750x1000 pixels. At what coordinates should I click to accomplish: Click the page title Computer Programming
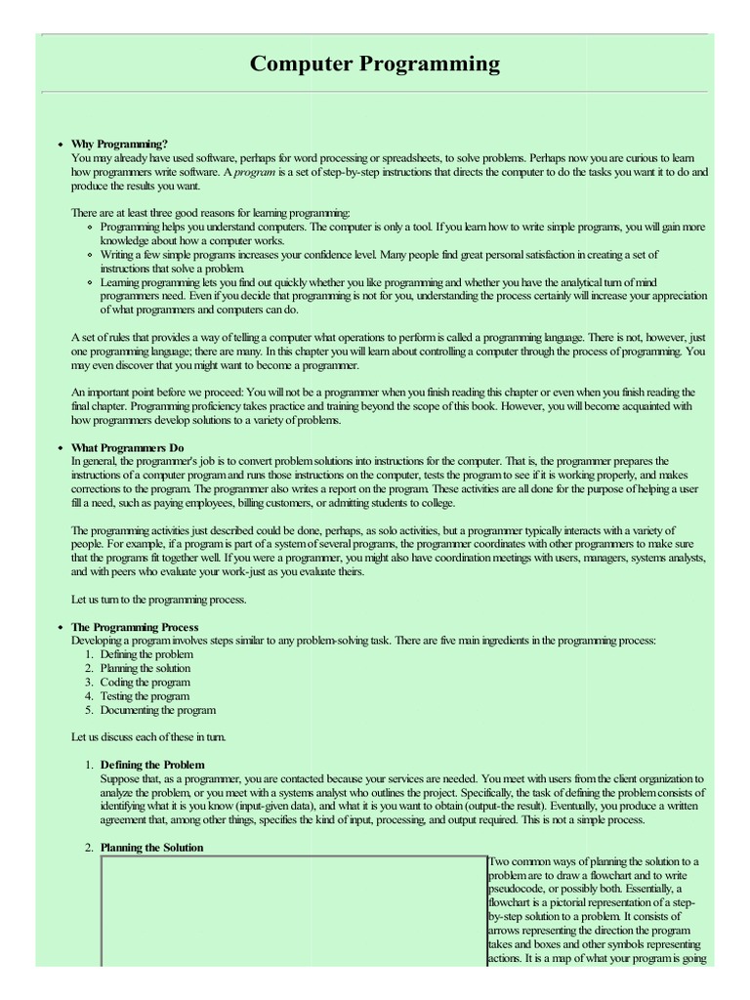[375, 64]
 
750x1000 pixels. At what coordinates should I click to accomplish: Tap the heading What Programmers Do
[127, 447]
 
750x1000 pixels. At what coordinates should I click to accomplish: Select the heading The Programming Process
[135, 627]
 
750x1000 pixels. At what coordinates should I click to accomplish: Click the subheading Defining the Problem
[152, 765]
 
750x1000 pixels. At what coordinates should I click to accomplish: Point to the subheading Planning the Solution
[151, 848]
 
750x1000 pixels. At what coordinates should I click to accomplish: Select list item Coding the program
[145, 683]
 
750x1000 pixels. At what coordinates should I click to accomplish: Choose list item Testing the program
[145, 696]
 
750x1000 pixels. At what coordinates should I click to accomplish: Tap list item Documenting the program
[157, 710]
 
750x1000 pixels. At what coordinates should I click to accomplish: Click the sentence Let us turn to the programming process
[158, 600]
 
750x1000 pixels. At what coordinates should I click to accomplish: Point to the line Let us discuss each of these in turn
[148, 736]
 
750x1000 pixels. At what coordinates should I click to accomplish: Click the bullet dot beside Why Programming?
[61, 145]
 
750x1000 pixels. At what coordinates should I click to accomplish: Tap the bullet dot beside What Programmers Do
[61, 448]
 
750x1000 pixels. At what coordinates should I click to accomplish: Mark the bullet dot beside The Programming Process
[61, 627]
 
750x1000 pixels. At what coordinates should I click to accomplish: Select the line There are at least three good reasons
[210, 213]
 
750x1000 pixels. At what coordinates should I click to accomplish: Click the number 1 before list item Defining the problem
[88, 654]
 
